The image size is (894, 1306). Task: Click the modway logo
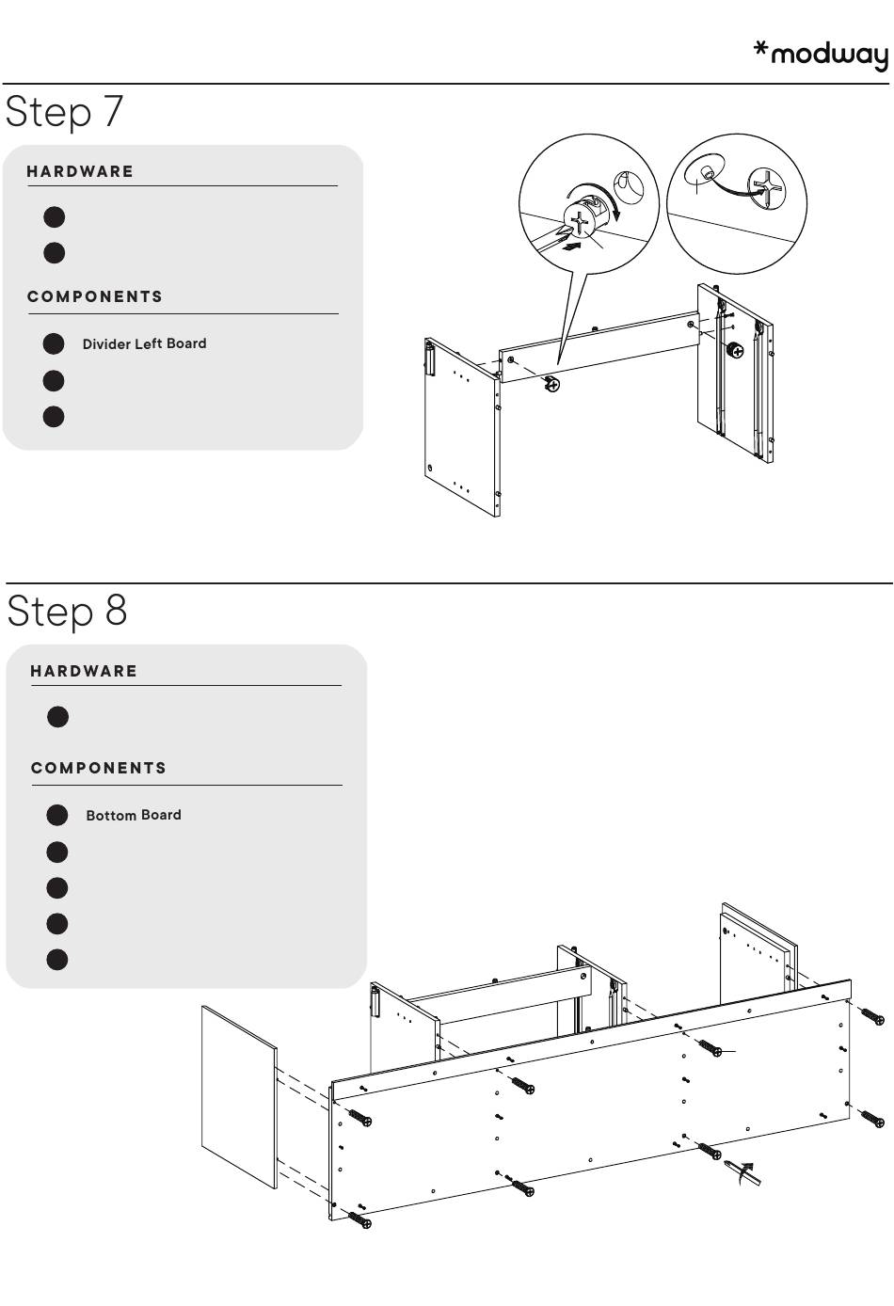coord(821,55)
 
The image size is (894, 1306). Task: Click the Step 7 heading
coord(64,111)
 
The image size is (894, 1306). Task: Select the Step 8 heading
coord(67,611)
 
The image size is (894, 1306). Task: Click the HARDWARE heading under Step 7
coord(80,171)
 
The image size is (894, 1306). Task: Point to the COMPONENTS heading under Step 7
coord(95,296)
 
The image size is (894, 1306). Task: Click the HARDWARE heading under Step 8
coord(84,671)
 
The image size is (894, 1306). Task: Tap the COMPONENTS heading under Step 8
coord(99,768)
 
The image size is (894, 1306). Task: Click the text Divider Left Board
coord(144,343)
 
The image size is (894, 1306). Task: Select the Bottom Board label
coord(134,815)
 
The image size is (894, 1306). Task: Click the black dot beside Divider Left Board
coord(54,343)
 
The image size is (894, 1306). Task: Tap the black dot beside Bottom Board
coord(57,815)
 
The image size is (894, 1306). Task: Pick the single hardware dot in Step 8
coord(57,717)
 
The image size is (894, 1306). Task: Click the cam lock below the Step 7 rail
coord(552,383)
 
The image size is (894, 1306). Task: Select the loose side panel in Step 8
coord(239,1097)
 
